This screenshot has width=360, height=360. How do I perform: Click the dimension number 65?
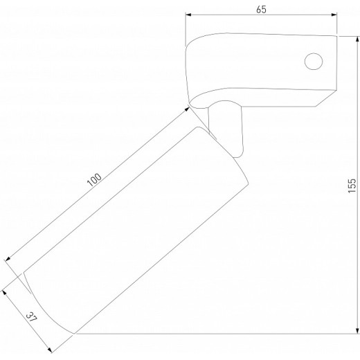click(261, 10)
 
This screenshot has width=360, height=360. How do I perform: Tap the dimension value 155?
click(352, 186)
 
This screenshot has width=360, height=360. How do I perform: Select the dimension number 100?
click(94, 180)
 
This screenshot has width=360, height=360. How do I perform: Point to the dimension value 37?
click(31, 317)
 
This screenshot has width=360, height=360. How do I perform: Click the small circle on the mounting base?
click(314, 62)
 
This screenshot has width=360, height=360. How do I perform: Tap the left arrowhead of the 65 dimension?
click(188, 15)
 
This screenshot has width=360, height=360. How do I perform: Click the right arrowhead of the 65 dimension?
click(334, 15)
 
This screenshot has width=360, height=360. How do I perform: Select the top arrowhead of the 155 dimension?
click(357, 39)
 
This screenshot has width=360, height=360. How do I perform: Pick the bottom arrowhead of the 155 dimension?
click(357, 330)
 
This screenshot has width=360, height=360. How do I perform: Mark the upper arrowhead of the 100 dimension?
click(187, 109)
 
